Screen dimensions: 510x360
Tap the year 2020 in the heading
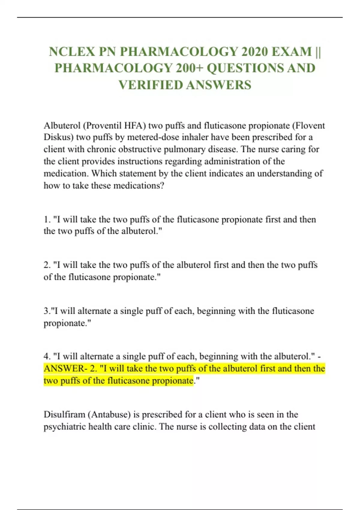point(254,52)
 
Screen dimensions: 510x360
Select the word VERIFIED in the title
point(151,85)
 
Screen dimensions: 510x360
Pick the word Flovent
point(310,125)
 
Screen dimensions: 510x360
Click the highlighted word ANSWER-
point(64,369)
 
